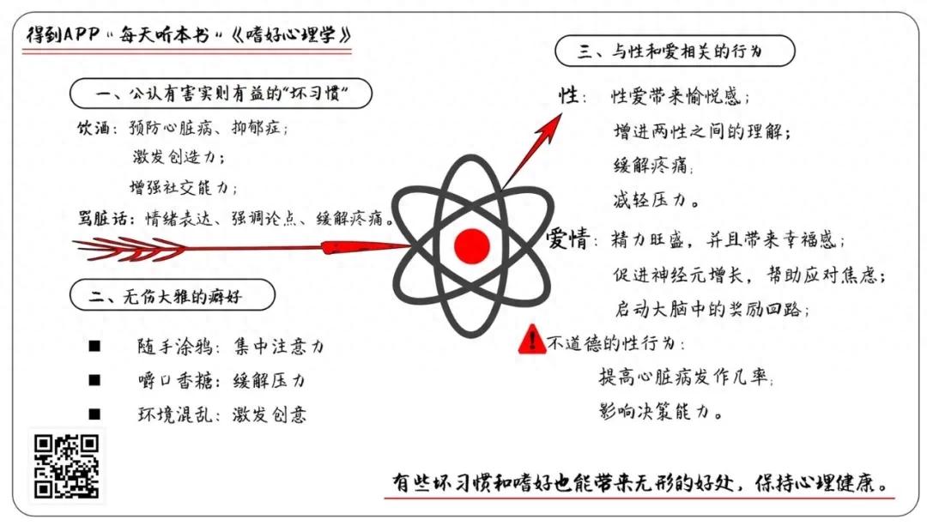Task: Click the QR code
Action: (x=66, y=466)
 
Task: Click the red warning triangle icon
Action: (x=531, y=339)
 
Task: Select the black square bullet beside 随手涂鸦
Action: (x=94, y=346)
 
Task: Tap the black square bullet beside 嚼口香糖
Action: (x=94, y=380)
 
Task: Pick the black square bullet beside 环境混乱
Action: (x=94, y=414)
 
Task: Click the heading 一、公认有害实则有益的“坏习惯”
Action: (x=221, y=94)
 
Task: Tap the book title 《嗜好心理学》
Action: (x=292, y=35)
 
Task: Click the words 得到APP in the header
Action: (x=63, y=34)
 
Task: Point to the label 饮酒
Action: (x=92, y=128)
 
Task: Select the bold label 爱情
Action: (x=567, y=239)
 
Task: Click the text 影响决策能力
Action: (x=660, y=411)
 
